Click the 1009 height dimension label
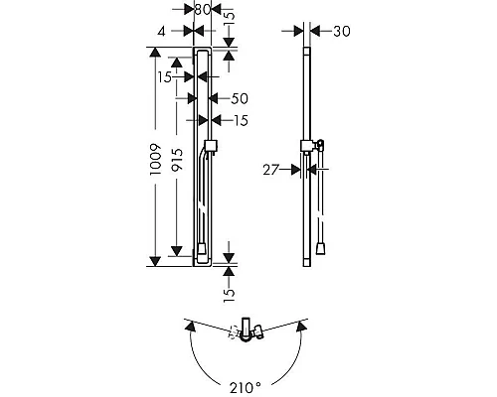click(x=155, y=159)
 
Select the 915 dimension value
click(x=177, y=159)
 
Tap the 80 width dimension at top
click(x=203, y=10)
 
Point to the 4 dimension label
click(x=161, y=32)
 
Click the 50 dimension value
click(x=240, y=98)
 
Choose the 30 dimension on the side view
click(x=342, y=32)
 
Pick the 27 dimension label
click(x=270, y=170)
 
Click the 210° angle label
click(x=246, y=388)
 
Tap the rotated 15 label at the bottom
click(x=229, y=295)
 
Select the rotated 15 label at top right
click(x=230, y=19)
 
